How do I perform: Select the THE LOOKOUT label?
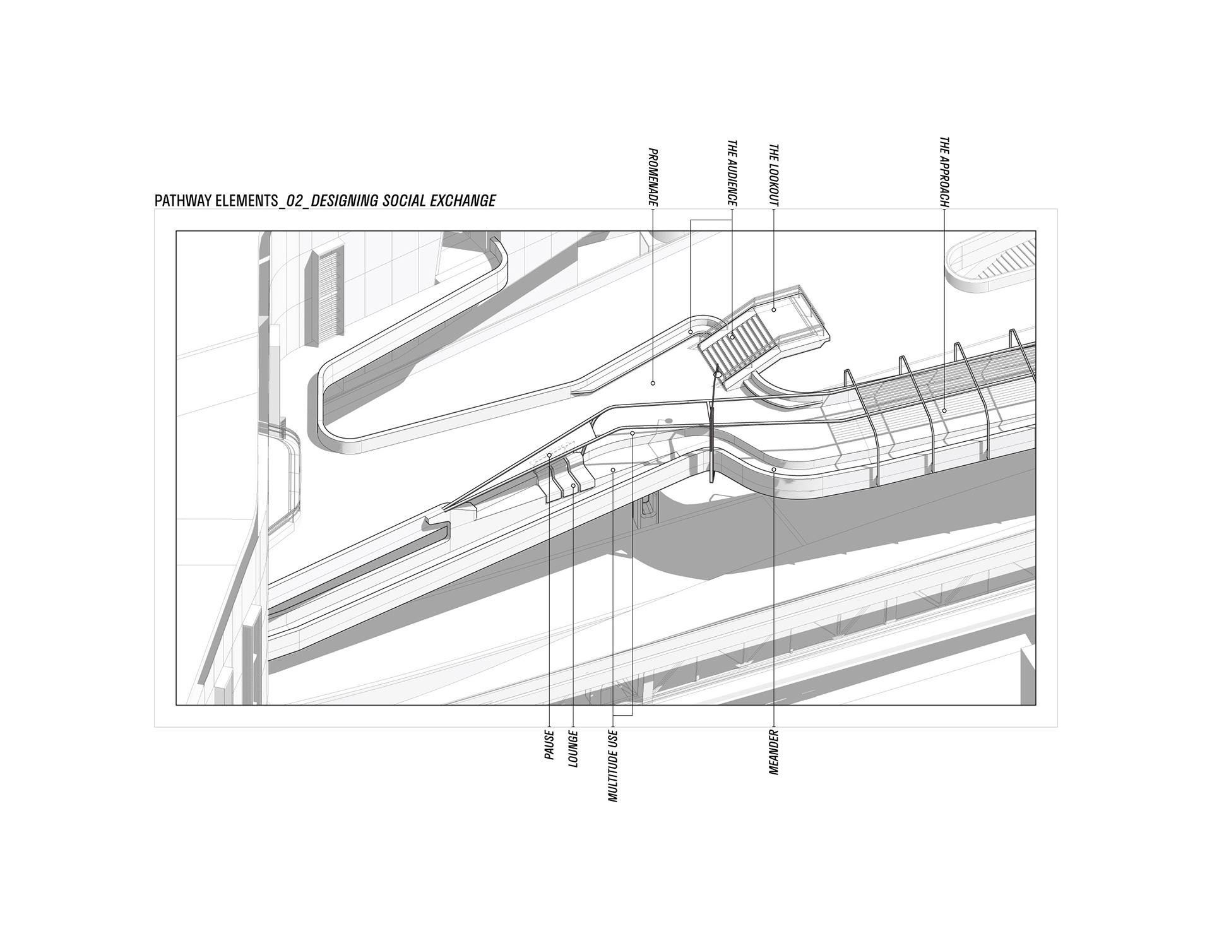pos(774,176)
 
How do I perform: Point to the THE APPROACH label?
pos(944,172)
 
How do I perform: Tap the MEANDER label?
pos(774,752)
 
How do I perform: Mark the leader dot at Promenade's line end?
pos(653,382)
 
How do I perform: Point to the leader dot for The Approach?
pos(944,411)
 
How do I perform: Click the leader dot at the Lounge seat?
pos(573,485)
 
